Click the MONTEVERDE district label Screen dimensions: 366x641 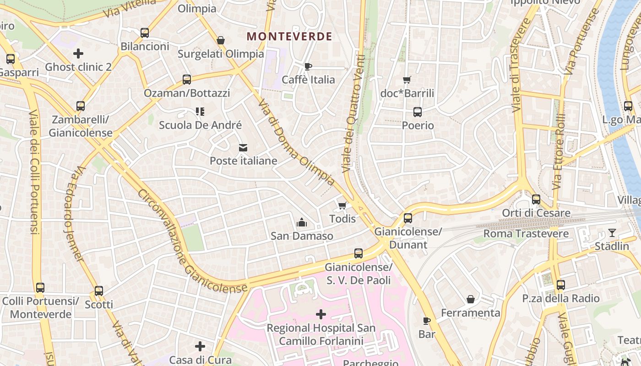click(x=289, y=37)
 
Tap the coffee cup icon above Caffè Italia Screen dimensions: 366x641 click(x=308, y=66)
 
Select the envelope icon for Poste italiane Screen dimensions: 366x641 click(x=243, y=148)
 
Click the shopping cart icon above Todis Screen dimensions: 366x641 click(x=342, y=205)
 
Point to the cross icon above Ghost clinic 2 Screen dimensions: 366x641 click(x=78, y=54)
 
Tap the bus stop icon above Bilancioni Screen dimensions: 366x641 click(x=145, y=33)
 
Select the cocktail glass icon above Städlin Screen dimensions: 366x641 click(x=612, y=233)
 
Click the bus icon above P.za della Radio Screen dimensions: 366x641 click(x=561, y=285)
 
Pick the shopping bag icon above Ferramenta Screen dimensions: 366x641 click(x=470, y=300)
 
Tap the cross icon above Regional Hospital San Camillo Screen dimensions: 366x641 click(x=321, y=314)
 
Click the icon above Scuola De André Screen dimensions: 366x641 click(x=200, y=112)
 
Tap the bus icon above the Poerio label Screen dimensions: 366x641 click(x=418, y=112)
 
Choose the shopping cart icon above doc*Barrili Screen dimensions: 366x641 click(x=407, y=80)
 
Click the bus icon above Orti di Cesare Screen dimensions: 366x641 click(x=536, y=199)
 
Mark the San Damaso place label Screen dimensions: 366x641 click(x=302, y=236)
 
